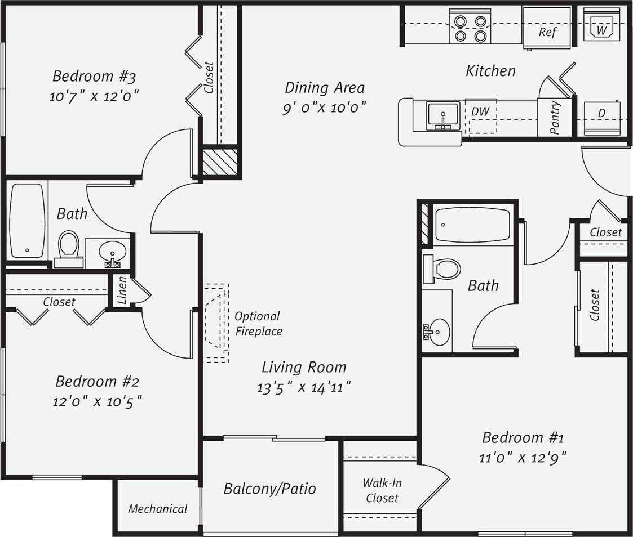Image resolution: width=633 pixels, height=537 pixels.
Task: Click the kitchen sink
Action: pyautogui.click(x=444, y=116)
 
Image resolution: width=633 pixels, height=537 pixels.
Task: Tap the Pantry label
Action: pyautogui.click(x=555, y=117)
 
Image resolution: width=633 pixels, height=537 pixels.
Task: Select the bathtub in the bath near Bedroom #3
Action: pyautogui.click(x=27, y=220)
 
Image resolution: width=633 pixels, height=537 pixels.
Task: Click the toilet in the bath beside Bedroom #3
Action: pyautogui.click(x=69, y=248)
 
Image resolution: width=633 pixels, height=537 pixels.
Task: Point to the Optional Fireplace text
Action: pyautogui.click(x=258, y=324)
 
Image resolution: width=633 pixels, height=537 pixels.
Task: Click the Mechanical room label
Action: pyautogui.click(x=157, y=509)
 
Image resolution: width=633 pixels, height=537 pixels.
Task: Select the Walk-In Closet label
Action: pyautogui.click(x=382, y=490)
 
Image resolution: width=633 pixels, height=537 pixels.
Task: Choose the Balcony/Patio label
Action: pyautogui.click(x=269, y=488)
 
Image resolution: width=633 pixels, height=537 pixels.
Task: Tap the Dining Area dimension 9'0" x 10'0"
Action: pyautogui.click(x=324, y=107)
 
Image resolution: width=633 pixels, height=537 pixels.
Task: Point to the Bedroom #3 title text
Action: pyautogui.click(x=94, y=75)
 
